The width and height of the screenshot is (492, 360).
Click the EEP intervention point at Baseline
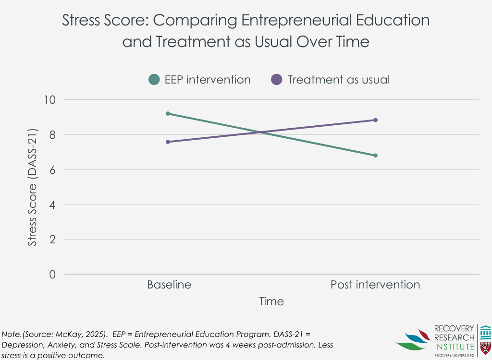pyautogui.click(x=168, y=114)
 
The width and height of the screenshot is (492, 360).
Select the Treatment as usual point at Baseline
pyautogui.click(x=168, y=142)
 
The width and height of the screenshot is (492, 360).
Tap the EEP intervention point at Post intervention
pyautogui.click(x=375, y=156)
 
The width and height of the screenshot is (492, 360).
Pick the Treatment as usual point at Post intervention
pyautogui.click(x=375, y=120)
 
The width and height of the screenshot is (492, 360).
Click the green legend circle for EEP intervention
pyautogui.click(x=154, y=80)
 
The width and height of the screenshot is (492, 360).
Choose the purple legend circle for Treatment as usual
pyautogui.click(x=276, y=80)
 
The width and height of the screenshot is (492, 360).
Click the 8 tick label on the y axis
pyautogui.click(x=53, y=135)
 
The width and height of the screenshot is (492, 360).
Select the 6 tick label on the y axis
pyautogui.click(x=53, y=170)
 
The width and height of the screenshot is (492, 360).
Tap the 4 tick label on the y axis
pyautogui.click(x=53, y=204)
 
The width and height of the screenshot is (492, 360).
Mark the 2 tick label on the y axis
pyautogui.click(x=53, y=240)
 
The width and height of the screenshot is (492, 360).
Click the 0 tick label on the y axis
pyautogui.click(x=53, y=275)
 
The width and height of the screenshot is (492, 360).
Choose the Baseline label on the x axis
pyautogui.click(x=169, y=285)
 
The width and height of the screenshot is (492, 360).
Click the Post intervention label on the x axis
pyautogui.click(x=375, y=285)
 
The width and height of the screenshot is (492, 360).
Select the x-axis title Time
pyautogui.click(x=271, y=301)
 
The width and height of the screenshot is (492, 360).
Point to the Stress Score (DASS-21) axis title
pyautogui.click(x=32, y=187)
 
